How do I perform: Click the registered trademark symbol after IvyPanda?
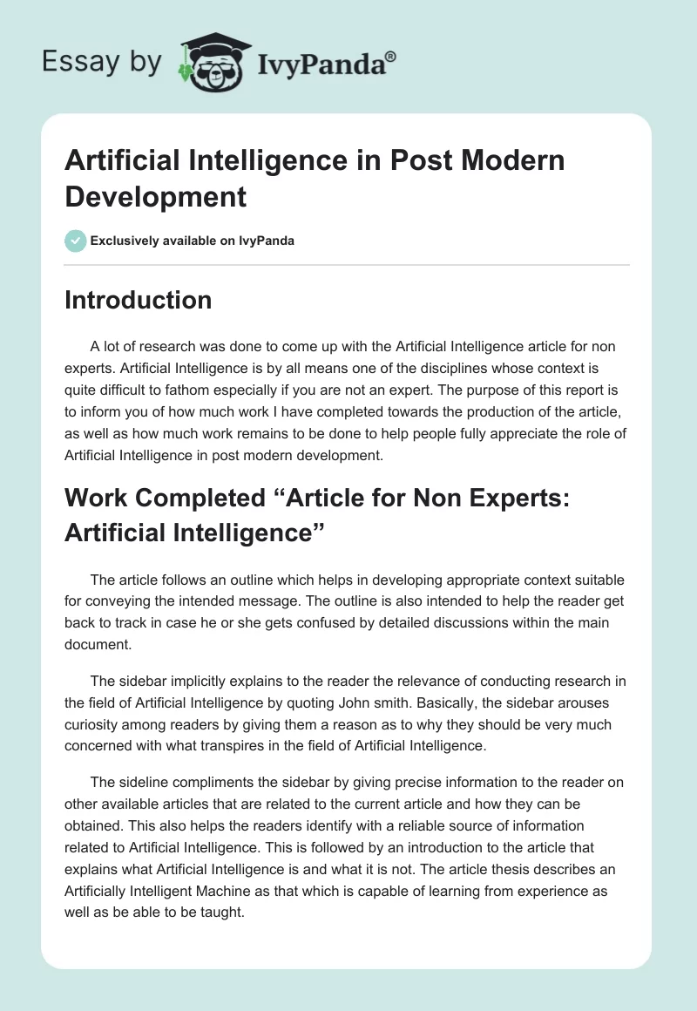coord(391,56)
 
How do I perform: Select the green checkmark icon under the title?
coord(76,241)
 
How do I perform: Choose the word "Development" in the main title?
coord(155,196)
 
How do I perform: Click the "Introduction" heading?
coord(138,300)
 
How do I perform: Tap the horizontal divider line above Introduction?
coord(347,265)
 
